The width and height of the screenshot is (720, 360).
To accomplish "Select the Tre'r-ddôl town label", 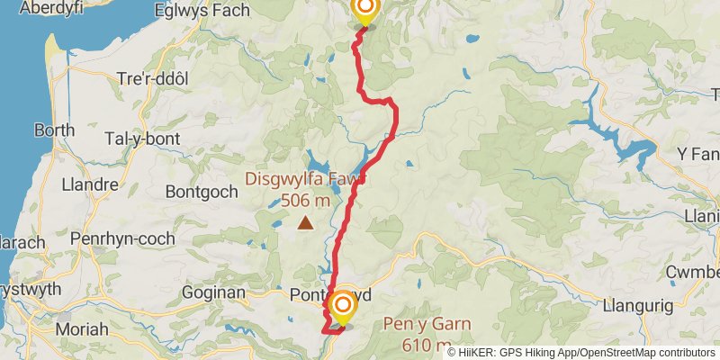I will click(153, 78).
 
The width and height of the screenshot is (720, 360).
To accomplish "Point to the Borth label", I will click(54, 130).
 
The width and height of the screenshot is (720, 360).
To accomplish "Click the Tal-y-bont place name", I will click(142, 139).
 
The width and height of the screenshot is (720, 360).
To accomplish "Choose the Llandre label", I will click(90, 184).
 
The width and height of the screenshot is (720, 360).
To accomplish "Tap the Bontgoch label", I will click(202, 191).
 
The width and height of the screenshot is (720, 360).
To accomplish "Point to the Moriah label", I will click(82, 329).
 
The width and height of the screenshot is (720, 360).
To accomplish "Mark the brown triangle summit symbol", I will click(306, 222).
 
